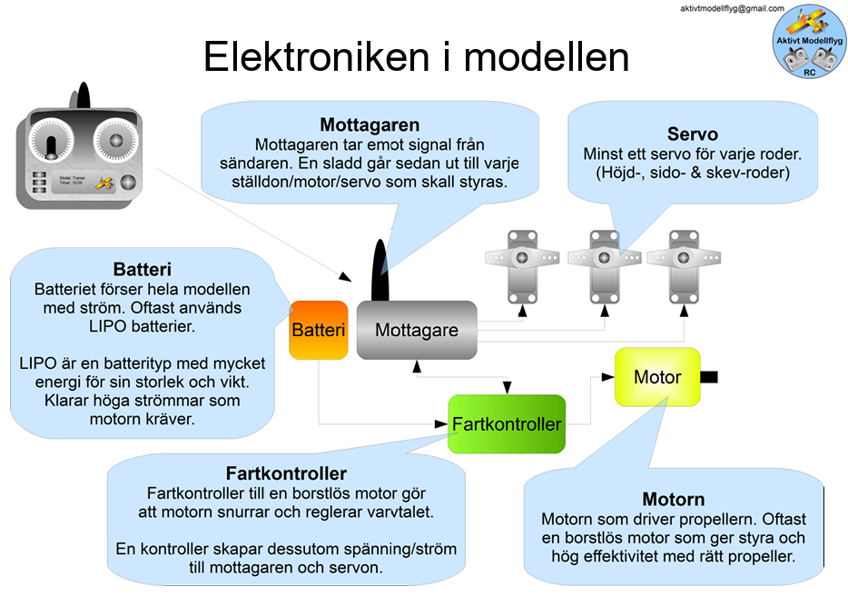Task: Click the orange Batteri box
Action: point(319,330)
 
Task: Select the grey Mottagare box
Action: point(417,331)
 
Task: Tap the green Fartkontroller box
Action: point(507,423)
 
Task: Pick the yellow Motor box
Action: point(657,376)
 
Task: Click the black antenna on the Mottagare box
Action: point(381,270)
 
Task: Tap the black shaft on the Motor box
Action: point(710,376)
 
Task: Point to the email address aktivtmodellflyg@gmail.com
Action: point(732,8)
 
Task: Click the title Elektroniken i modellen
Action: point(416,56)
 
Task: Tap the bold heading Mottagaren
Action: point(369,125)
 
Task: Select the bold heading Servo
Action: point(692,135)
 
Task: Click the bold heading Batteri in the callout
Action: point(143,270)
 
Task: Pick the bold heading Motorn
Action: point(673,500)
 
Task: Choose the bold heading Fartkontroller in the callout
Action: point(286,473)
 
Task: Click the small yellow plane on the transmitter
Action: point(105,183)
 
